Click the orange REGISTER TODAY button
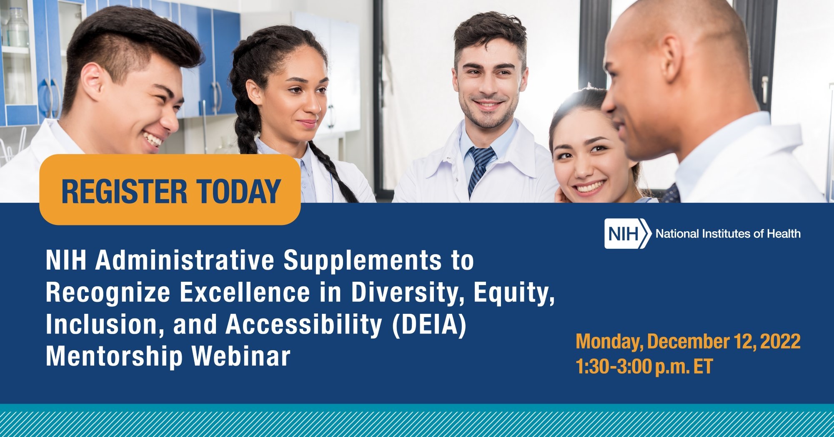170,190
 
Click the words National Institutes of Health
728,234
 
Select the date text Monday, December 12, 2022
688,341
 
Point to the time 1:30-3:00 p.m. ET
644,366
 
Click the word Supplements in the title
362,260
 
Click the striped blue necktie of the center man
479,167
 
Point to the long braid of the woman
329,167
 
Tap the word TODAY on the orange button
238,192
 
